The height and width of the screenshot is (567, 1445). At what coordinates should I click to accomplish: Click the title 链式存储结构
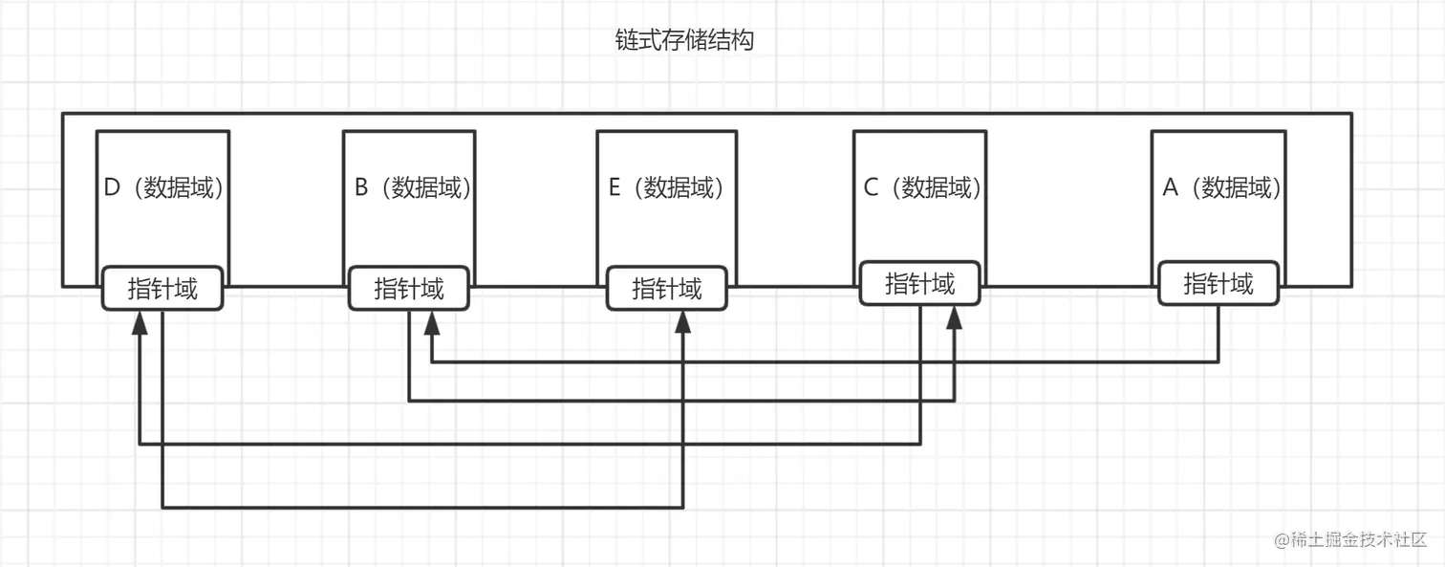point(684,40)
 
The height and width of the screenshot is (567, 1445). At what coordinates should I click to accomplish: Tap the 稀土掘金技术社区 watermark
point(1350,539)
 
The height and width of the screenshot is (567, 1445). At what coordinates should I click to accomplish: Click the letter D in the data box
point(112,187)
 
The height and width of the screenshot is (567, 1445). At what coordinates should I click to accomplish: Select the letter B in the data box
point(361,187)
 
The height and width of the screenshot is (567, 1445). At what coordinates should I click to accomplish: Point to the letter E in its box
point(615,187)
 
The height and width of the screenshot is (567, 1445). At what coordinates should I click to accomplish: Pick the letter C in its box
point(871,187)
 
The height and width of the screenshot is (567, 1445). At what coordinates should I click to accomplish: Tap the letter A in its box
point(1170,187)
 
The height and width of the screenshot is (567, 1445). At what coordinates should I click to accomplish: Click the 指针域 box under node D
point(162,289)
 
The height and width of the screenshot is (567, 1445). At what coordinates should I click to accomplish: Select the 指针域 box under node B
point(409,289)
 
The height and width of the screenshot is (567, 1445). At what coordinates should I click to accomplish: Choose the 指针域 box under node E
point(667,289)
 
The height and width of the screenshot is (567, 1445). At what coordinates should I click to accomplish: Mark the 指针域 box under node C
point(920,283)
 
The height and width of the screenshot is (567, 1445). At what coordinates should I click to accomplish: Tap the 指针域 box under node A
point(1219,283)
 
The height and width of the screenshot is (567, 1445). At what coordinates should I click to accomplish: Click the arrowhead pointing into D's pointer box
point(140,322)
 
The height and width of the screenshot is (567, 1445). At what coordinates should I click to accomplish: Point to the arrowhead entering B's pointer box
point(432,322)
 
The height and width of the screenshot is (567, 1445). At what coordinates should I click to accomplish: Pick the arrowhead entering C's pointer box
point(954,317)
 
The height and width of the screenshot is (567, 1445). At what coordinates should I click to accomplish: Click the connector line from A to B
point(826,361)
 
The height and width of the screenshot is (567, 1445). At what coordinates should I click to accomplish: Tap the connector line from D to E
point(422,508)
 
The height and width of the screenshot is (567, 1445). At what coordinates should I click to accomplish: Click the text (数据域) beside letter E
point(679,187)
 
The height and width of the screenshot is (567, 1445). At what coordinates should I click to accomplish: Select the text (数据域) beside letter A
point(1236,187)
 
